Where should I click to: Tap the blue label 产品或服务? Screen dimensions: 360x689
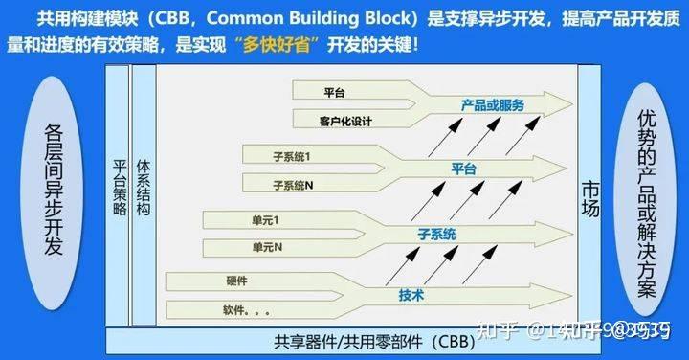point(492,104)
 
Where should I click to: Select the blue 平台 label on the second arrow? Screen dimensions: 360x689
point(463,168)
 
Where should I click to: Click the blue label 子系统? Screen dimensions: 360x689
point(436,234)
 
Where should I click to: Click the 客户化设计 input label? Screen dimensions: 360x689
point(344,122)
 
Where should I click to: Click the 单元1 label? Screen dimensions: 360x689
point(265,221)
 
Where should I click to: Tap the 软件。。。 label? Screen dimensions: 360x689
point(246,310)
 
